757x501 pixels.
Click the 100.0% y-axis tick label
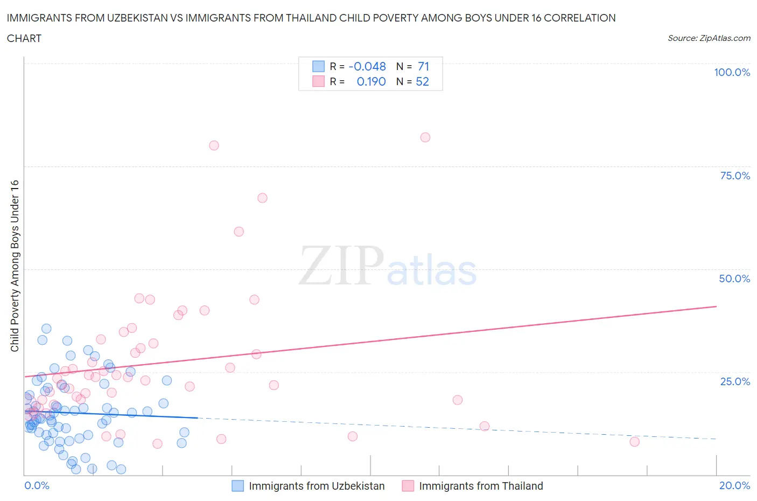[x=732, y=72]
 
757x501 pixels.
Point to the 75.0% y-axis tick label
[x=735, y=176]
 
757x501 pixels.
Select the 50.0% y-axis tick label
[x=734, y=279]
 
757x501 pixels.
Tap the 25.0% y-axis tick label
[x=735, y=381]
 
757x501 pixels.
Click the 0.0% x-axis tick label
[x=37, y=485]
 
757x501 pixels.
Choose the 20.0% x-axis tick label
[x=734, y=485]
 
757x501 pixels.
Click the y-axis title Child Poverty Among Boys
[x=15, y=266]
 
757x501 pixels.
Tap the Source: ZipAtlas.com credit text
[x=709, y=38]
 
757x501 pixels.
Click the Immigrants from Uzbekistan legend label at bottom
[x=317, y=486]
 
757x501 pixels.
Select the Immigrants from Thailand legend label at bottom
[x=481, y=486]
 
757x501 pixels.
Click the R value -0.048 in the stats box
[x=367, y=66]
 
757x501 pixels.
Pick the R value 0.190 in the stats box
[x=371, y=81]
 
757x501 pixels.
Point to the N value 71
[x=423, y=66]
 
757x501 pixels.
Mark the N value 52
[x=422, y=81]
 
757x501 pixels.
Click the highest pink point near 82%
[x=425, y=137]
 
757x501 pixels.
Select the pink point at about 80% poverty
[x=214, y=145]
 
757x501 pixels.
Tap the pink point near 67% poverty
[x=262, y=198]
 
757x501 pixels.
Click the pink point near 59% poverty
[x=239, y=232]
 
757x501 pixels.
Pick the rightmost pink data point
[x=634, y=442]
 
